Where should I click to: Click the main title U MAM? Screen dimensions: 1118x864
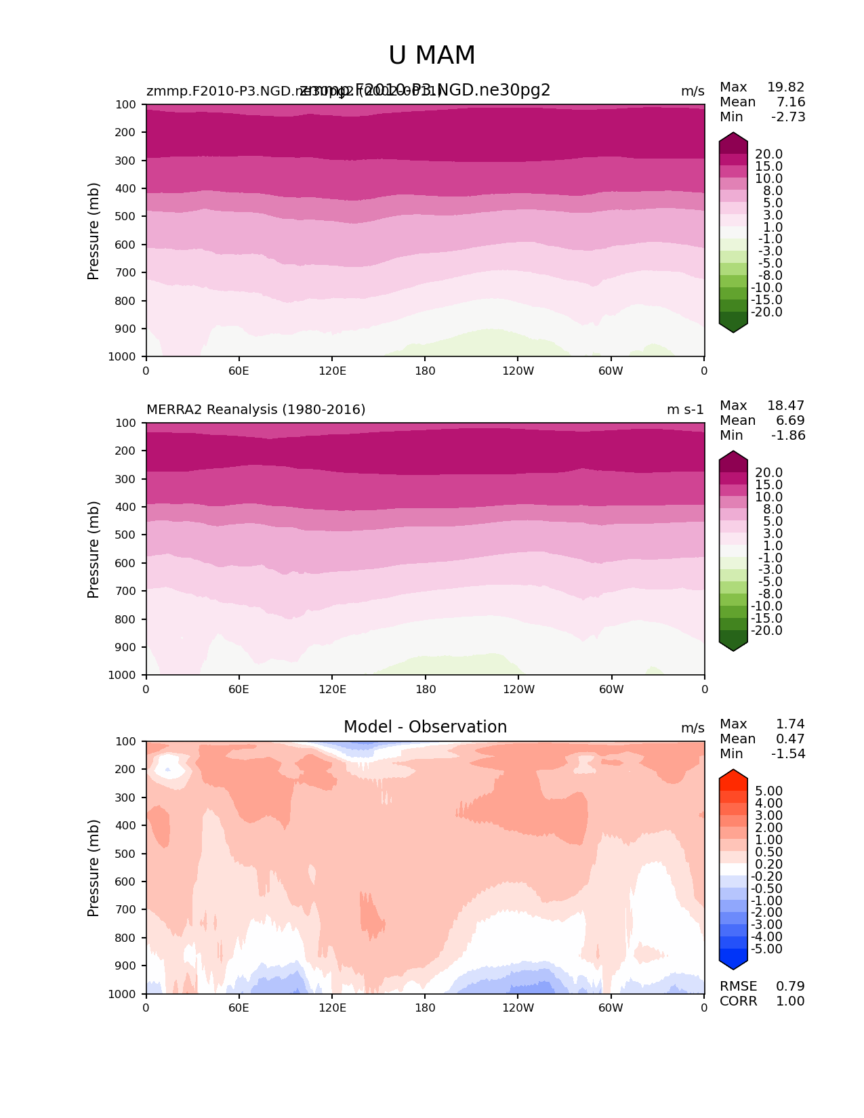(432, 56)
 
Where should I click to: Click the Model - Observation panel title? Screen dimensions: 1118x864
(425, 727)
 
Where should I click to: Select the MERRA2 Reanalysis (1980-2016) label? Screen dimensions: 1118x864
(255, 410)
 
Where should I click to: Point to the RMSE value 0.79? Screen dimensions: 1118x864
(790, 987)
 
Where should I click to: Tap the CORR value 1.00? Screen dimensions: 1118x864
(790, 1001)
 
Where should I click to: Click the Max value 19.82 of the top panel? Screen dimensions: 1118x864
(785, 87)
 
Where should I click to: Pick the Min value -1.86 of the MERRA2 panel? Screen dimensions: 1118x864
(788, 436)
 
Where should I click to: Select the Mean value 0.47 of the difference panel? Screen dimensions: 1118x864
(790, 739)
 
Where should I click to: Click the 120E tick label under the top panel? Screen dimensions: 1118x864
(332, 371)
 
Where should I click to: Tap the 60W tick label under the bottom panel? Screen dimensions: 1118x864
(611, 1008)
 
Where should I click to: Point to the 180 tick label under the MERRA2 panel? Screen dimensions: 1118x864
(425, 690)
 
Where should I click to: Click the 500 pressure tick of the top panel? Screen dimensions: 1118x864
(125, 217)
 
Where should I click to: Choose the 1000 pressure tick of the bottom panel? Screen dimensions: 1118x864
(123, 994)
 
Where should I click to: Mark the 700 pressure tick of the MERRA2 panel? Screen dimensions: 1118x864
(125, 592)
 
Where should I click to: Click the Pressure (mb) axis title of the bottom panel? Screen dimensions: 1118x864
(94, 868)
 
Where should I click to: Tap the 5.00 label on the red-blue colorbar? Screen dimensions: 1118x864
(768, 791)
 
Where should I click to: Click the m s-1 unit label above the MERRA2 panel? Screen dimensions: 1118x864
(685, 410)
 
